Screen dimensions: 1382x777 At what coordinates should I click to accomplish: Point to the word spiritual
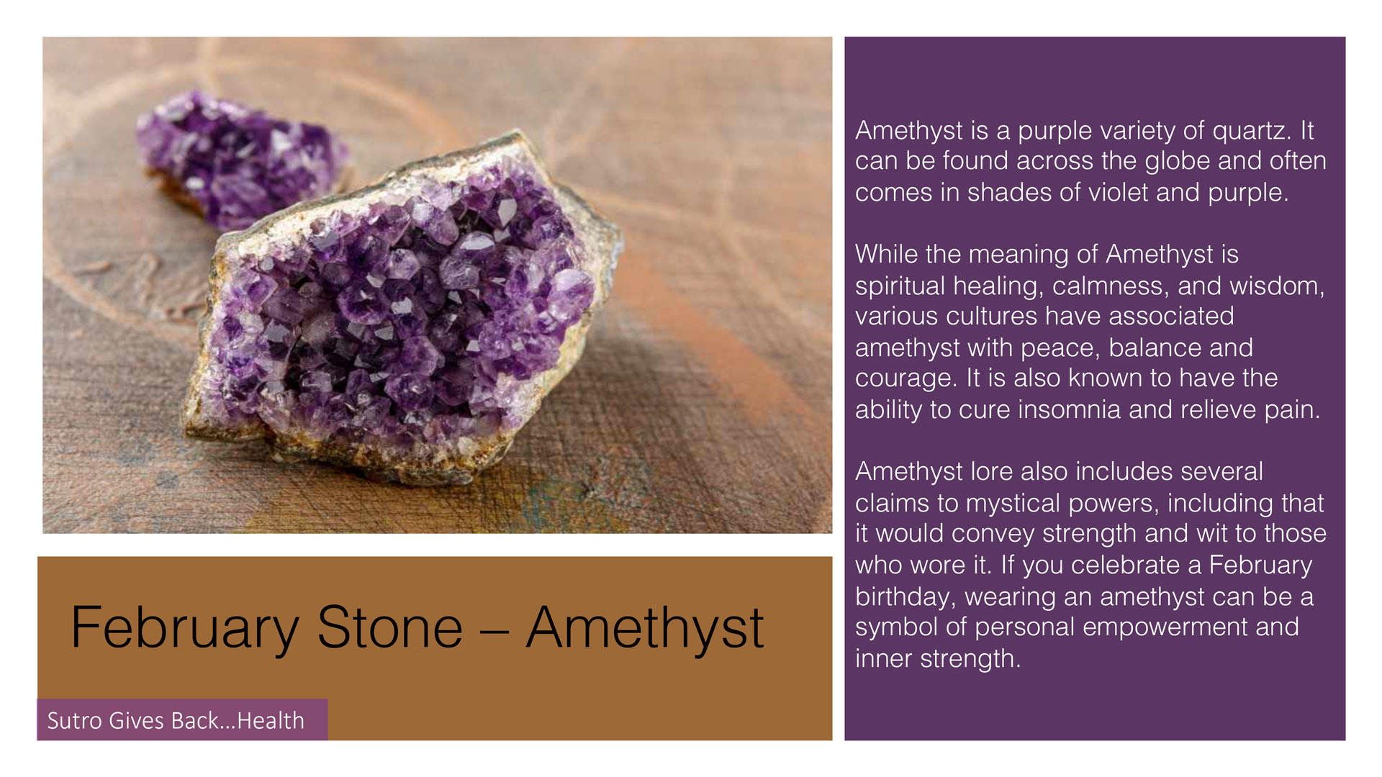[x=900, y=287]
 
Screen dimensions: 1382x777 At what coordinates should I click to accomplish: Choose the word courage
[x=904, y=379]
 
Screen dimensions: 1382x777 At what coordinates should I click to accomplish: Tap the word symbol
[x=896, y=628]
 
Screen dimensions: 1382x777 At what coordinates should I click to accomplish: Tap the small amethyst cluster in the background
[x=241, y=158]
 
